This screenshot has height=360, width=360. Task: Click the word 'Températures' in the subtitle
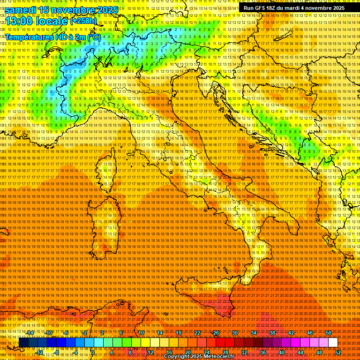pyautogui.click(x=30, y=37)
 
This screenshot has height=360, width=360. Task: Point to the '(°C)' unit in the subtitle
pyautogui.click(x=94, y=37)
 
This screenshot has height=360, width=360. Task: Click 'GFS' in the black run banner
pyautogui.click(x=259, y=8)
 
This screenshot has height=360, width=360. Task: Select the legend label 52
pyautogui.click(x=338, y=352)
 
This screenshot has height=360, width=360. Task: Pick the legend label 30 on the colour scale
pyautogui.click(x=234, y=333)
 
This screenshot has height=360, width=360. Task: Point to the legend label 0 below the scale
pyautogui.click(x=93, y=352)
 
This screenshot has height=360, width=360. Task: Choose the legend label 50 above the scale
pyautogui.click(x=328, y=333)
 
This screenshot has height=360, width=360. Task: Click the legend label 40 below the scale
pyautogui.click(x=281, y=352)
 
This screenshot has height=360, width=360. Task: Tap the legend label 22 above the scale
pyautogui.click(x=197, y=333)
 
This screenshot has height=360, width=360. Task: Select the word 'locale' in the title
pyautogui.click(x=52, y=21)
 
